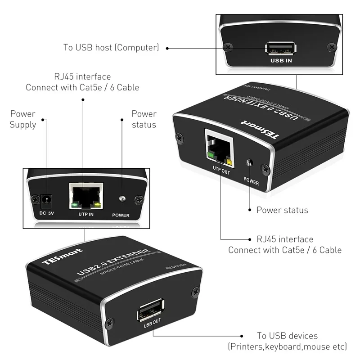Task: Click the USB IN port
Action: [280, 48]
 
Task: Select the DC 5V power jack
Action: [46, 198]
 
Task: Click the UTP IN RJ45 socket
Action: [85, 196]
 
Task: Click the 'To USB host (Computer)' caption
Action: [111, 47]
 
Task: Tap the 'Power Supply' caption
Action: [22, 119]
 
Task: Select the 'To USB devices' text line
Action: [287, 336]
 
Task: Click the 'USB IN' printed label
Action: [280, 60]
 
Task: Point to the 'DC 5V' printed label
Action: [46, 213]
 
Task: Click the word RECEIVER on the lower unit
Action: [176, 266]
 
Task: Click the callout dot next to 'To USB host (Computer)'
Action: [167, 48]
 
